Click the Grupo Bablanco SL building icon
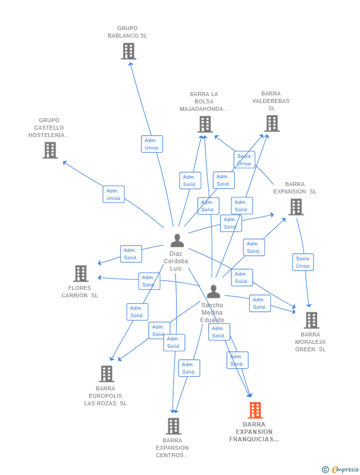[128, 51]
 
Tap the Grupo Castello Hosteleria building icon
[50, 150]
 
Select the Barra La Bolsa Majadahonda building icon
[205, 124]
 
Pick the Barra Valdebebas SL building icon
[271, 123]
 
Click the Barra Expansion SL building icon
[296, 207]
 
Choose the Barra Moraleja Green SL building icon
[311, 320]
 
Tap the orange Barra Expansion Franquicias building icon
[255, 410]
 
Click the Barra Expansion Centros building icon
[173, 426]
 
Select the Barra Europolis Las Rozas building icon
[106, 374]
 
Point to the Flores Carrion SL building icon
[81, 273]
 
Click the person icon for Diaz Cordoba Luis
[177, 240]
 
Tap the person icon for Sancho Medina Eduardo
[213, 291]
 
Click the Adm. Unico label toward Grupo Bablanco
[152, 144]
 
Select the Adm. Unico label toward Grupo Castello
[113, 194]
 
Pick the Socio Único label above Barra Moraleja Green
[303, 262]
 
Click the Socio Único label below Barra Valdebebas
[244, 160]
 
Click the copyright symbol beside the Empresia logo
[325, 470]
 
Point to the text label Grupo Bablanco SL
[128, 32]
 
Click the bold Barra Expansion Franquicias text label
[254, 431]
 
